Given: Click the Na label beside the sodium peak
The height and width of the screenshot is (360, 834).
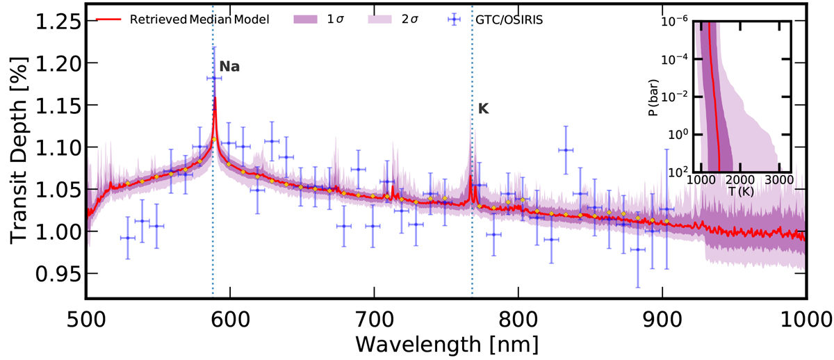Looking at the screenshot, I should [229, 67].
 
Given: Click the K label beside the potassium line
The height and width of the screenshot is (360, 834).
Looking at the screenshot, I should [484, 109].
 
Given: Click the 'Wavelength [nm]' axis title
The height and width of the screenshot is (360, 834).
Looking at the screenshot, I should [445, 343].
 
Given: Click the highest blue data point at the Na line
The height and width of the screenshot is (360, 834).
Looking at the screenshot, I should [214, 79].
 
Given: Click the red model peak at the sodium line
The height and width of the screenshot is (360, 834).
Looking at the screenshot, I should [215, 99].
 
